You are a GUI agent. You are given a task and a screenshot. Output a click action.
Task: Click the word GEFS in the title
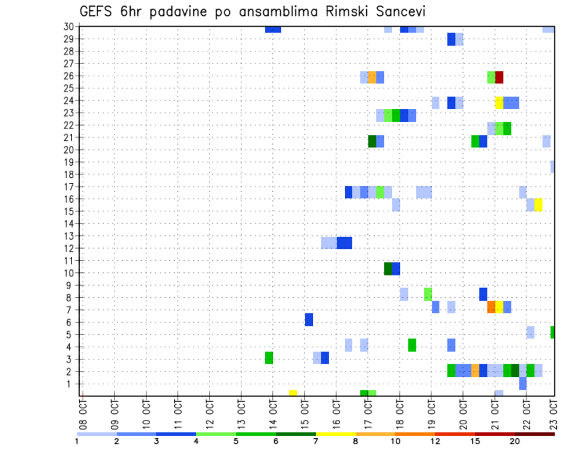(x=97, y=11)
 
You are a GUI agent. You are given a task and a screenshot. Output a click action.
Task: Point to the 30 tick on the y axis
(x=68, y=27)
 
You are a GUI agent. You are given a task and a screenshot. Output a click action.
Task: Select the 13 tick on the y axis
(x=68, y=236)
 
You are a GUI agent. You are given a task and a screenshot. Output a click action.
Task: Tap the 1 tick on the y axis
(x=71, y=384)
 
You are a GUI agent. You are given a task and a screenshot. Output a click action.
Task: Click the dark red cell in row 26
(x=499, y=77)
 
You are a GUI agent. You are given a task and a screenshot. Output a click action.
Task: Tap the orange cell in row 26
(x=372, y=77)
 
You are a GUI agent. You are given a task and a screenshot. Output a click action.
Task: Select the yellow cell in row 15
(x=539, y=205)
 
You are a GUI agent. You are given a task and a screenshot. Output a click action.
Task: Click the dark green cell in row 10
(x=388, y=268)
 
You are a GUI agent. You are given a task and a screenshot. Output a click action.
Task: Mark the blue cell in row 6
(x=309, y=320)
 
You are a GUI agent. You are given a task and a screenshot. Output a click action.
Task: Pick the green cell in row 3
(x=269, y=358)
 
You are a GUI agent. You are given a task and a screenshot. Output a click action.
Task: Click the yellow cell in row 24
(x=499, y=102)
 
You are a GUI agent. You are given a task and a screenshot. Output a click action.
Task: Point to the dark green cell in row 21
(x=372, y=141)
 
